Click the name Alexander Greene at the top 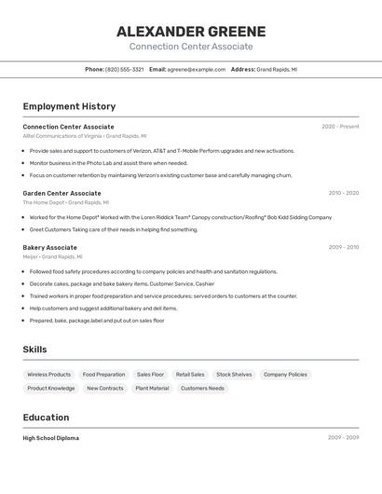tap(191, 32)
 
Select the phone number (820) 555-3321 tap(125, 69)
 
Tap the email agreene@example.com tap(197, 69)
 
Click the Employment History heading tap(69, 106)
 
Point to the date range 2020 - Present tap(340, 127)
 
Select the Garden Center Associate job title tap(61, 193)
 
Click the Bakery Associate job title tap(49, 248)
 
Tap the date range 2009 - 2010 tap(343, 248)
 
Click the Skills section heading tap(34, 350)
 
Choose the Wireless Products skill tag tap(48, 375)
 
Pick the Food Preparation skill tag tap(103, 375)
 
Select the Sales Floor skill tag tap(150, 375)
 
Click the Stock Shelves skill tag tap(234, 375)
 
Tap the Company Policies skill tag tap(285, 375)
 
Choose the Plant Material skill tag tap(152, 389)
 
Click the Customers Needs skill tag tap(202, 389)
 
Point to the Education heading tap(46, 418)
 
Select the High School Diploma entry tap(50, 438)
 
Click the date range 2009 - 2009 tap(343, 438)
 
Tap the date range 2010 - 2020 tap(343, 193)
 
